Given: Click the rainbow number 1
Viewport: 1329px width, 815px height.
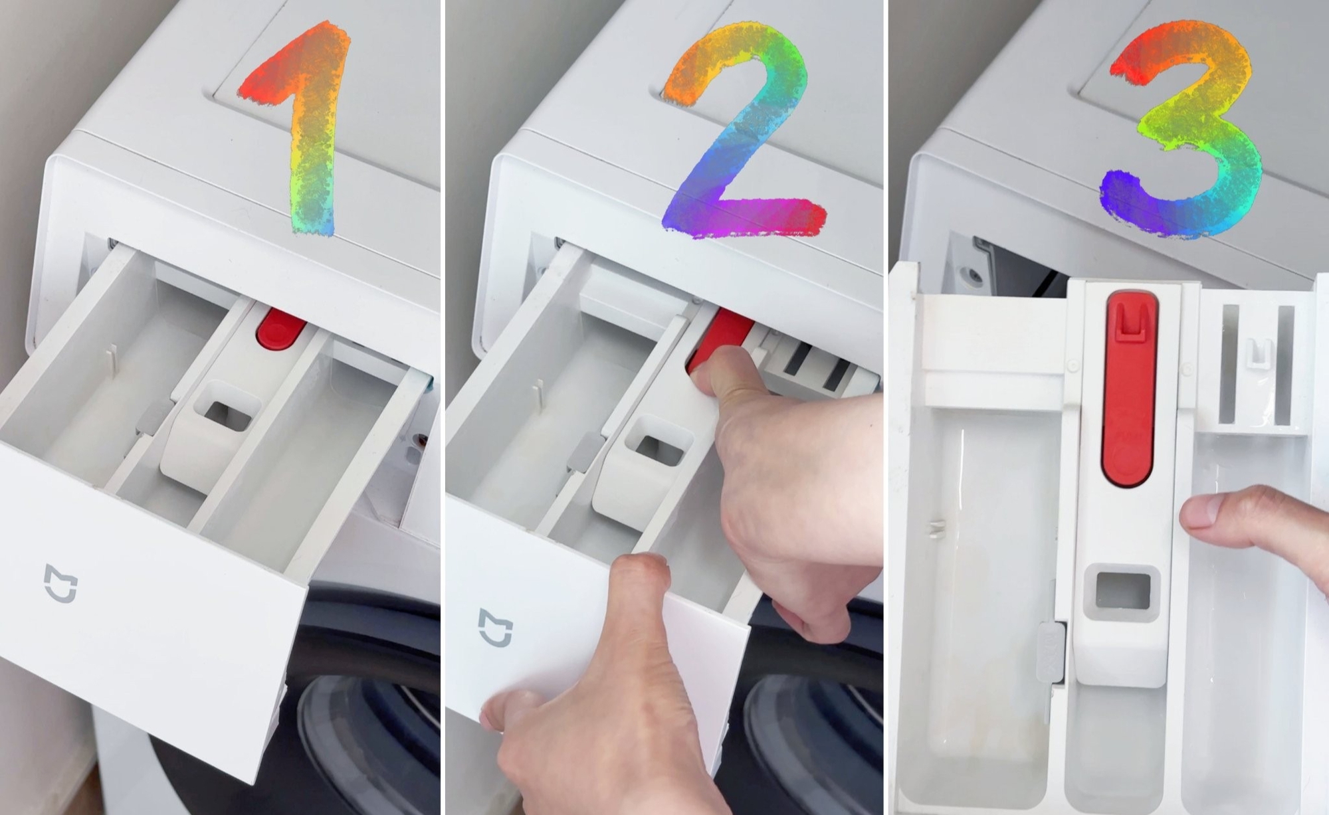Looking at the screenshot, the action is [313, 133].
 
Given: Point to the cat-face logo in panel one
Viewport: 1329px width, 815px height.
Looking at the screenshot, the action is [60, 583].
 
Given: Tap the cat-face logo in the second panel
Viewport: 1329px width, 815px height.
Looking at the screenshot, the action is [496, 627].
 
